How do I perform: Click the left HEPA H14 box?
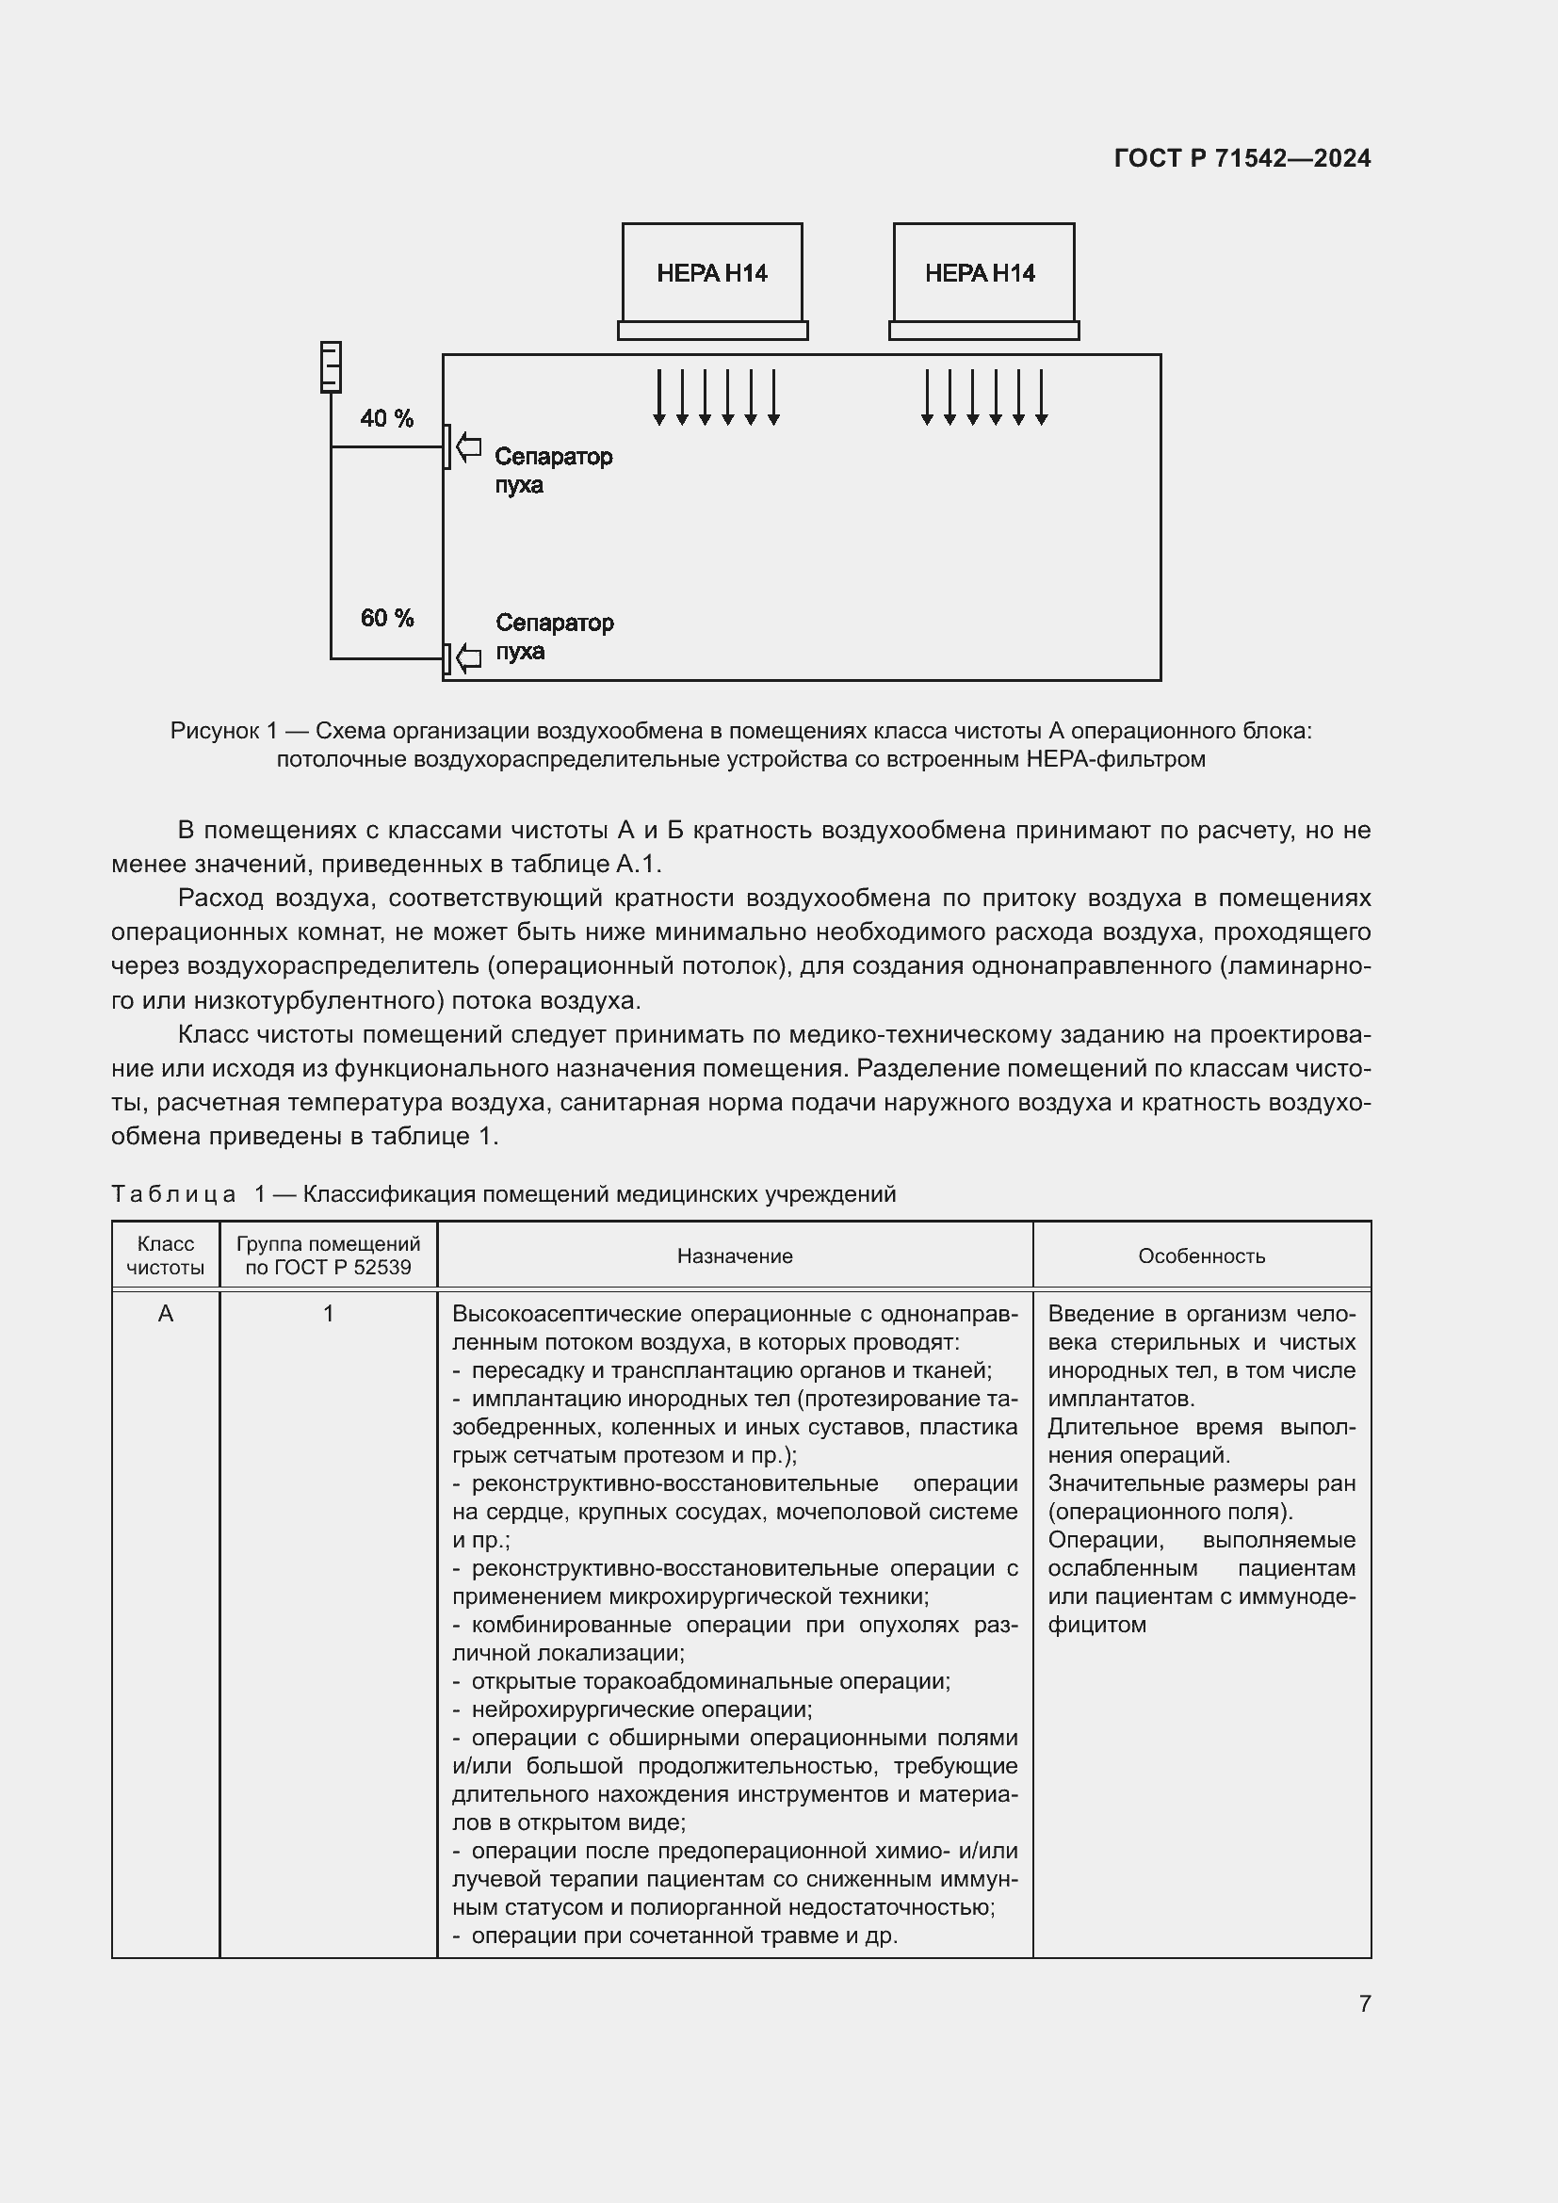pos(712,273)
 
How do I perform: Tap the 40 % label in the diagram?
pos(386,418)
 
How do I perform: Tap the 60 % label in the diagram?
pos(386,618)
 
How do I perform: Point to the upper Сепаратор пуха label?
pos(552,469)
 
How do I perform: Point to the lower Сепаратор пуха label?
pos(554,636)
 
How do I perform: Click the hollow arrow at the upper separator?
pos(468,447)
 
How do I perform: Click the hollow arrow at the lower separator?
pos(468,658)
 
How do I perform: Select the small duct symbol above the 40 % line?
pos(330,366)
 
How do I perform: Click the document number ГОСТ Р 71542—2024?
pos(1242,158)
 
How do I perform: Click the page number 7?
pos(1364,2003)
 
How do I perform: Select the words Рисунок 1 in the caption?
pos(222,730)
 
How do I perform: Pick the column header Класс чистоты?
pos(165,1255)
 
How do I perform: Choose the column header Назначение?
pos(734,1256)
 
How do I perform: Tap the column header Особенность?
pos(1201,1256)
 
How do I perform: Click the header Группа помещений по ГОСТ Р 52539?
pos(328,1255)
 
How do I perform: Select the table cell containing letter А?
pos(165,1314)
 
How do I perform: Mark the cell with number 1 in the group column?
pos(328,1314)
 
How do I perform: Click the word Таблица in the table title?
pos(172,1193)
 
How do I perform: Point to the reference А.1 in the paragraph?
pos(634,864)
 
